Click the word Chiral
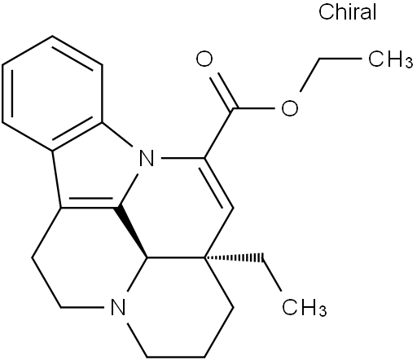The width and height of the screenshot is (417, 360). pyautogui.click(x=348, y=12)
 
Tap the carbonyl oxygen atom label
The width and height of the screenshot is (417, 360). pyautogui.click(x=204, y=59)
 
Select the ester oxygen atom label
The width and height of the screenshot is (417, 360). pyautogui.click(x=290, y=108)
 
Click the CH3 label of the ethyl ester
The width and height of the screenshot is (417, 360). pyautogui.click(x=390, y=60)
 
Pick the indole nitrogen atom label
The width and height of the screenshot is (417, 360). pyautogui.click(x=147, y=158)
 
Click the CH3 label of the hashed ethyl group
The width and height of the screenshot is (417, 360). pyautogui.click(x=304, y=307)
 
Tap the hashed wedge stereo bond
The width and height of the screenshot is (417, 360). pyautogui.click(x=235, y=257)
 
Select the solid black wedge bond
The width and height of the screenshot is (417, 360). pyautogui.click(x=134, y=232)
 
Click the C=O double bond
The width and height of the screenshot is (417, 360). pyautogui.click(x=222, y=92)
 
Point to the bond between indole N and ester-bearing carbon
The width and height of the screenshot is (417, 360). pyautogui.click(x=183, y=158)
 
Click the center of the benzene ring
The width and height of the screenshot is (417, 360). pyautogui.click(x=53, y=93)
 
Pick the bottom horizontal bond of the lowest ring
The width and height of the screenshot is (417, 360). pyautogui.click(x=176, y=356)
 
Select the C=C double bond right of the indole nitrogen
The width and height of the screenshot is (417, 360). pyautogui.click(x=217, y=183)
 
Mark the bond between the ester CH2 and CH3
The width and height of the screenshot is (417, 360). pyautogui.click(x=341, y=59)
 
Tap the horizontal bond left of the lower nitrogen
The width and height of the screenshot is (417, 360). pyautogui.click(x=83, y=307)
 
